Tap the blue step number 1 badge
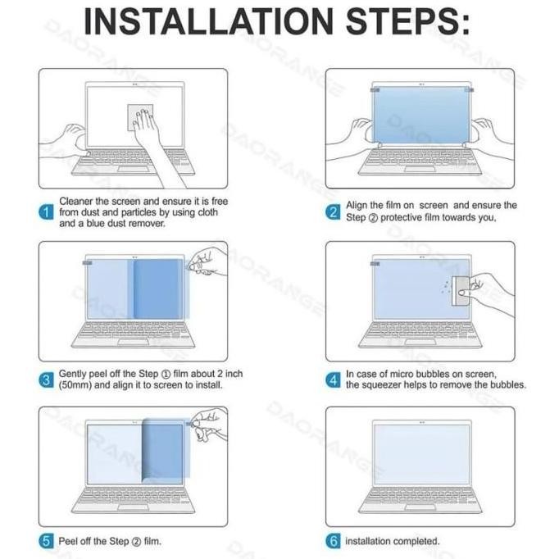(47, 212)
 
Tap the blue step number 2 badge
(333, 212)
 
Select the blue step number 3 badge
(47, 379)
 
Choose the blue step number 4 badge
(333, 379)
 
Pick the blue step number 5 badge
(47, 541)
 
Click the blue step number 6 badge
(333, 541)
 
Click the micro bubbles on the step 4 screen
(445, 285)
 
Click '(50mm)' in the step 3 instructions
(78, 385)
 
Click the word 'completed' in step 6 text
(416, 541)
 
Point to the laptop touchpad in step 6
(420, 508)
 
